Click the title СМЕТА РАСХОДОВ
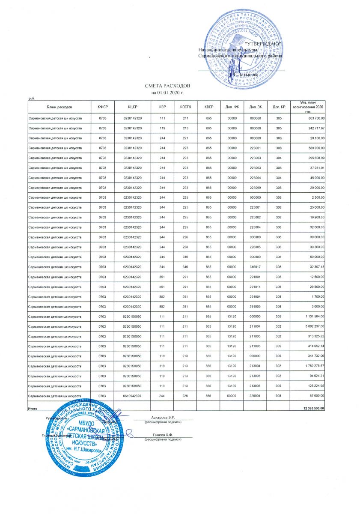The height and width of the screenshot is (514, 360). [x=167, y=87]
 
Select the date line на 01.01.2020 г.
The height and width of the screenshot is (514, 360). [x=167, y=93]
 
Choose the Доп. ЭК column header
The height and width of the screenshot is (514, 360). [x=255, y=106]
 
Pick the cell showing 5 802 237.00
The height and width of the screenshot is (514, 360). [x=314, y=326]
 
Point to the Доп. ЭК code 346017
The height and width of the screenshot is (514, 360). [x=255, y=266]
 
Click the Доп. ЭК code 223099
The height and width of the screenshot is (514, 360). [x=255, y=187]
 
